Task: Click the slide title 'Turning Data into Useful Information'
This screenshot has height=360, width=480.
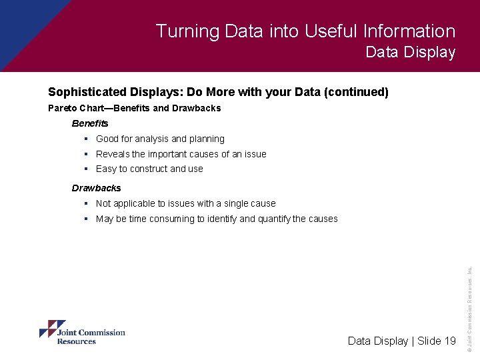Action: (305, 31)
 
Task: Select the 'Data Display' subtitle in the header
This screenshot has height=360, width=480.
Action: (410, 53)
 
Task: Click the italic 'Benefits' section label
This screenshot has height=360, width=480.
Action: (90, 123)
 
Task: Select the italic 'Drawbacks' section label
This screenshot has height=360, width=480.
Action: (97, 188)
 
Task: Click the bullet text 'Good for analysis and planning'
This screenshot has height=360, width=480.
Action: (160, 139)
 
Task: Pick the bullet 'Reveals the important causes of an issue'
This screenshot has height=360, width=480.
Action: (181, 154)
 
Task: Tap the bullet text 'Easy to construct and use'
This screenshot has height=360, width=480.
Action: (149, 169)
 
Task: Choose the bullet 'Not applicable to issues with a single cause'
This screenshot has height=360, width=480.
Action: (185, 203)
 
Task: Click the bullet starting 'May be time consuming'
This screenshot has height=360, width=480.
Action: (217, 219)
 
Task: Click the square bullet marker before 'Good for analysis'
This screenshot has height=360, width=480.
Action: (87, 139)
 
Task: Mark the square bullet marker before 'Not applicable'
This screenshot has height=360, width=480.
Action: (87, 203)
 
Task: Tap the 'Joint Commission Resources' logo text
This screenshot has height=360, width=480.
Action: (91, 337)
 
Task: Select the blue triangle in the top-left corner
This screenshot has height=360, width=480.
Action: (20, 23)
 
